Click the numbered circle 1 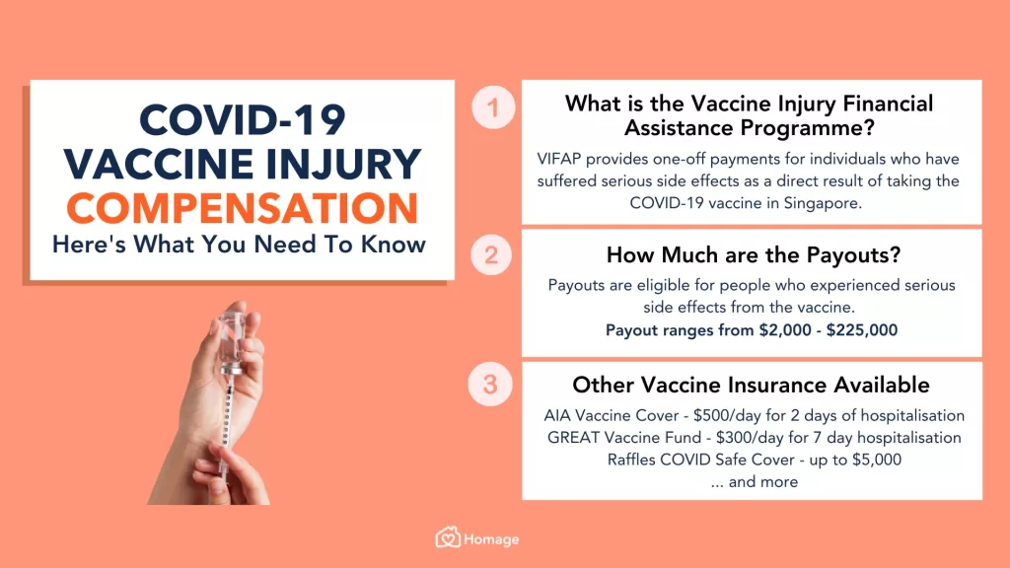493,106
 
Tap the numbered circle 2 491,255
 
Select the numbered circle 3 490,385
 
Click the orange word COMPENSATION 243,208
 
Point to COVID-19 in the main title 243,120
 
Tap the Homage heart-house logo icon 448,537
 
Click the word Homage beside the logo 491,539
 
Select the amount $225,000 862,330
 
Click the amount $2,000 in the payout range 785,330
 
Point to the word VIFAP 559,159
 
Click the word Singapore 823,203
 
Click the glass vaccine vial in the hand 231,339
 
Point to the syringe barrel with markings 226,415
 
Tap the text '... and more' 755,482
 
